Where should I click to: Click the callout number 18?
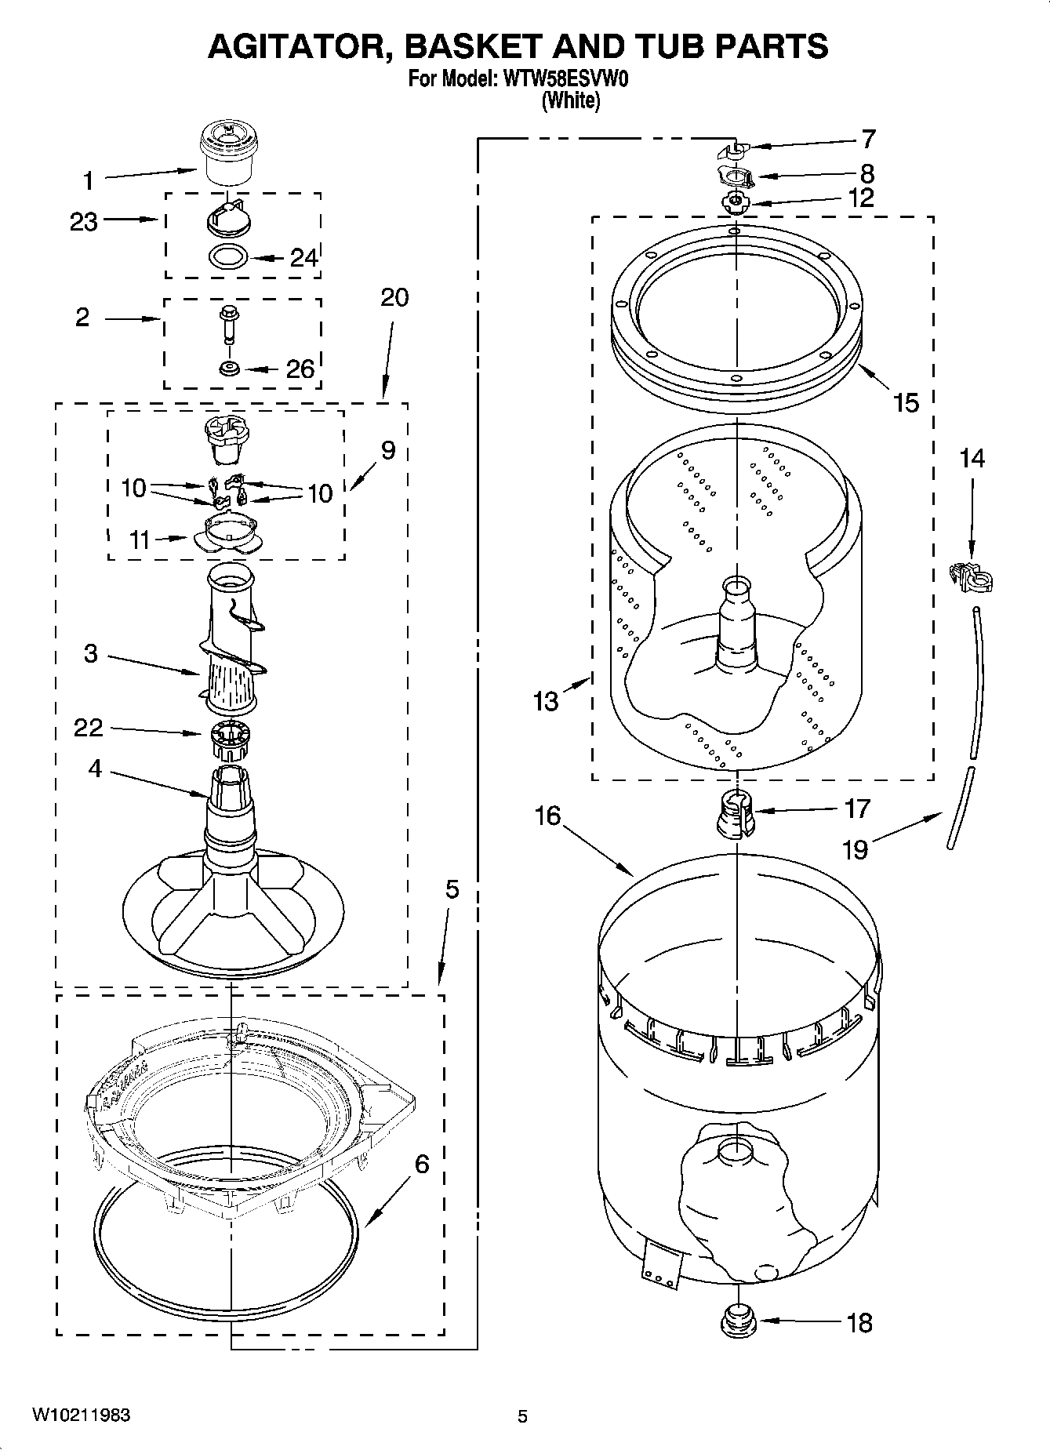tap(859, 1323)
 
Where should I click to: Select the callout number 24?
tap(304, 257)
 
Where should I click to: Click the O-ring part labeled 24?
tap(229, 256)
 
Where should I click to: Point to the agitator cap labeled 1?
tap(224, 155)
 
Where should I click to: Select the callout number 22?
tap(88, 728)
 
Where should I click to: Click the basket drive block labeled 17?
tap(736, 814)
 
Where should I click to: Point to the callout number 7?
tap(867, 140)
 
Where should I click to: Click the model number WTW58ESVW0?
tap(563, 78)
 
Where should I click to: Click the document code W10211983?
tap(81, 1415)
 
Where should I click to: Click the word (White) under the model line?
tap(571, 100)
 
